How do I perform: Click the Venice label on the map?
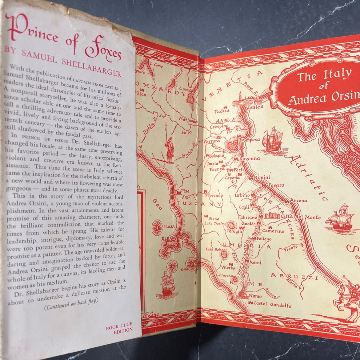pyautogui.click(x=254, y=107)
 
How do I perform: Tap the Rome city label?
pyautogui.click(x=255, y=296)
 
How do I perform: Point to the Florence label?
pyautogui.click(x=214, y=195)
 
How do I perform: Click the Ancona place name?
pyautogui.click(x=298, y=201)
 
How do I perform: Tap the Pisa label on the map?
pyautogui.click(x=185, y=191)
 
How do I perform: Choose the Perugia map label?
pyautogui.click(x=234, y=230)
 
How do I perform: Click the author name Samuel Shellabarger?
pyautogui.click(x=60, y=64)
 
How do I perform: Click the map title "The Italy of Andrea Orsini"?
pyautogui.click(x=323, y=87)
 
